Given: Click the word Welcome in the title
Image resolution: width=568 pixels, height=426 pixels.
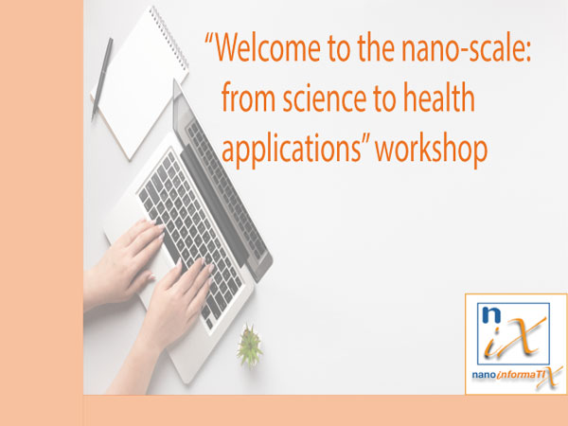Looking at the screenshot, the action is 267,47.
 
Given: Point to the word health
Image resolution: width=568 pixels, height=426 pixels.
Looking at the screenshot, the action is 438,97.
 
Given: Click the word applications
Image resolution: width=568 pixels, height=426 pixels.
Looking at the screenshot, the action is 291,149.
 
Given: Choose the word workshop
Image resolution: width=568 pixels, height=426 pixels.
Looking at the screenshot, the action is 431,149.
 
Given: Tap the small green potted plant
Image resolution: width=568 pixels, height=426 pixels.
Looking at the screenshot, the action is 250,345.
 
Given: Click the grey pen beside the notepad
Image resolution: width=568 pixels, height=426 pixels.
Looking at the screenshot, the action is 102,79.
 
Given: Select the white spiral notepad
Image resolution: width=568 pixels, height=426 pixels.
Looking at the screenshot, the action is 139,82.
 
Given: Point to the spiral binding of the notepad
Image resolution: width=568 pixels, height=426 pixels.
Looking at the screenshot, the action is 169,38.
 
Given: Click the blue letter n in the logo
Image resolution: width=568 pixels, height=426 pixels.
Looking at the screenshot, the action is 491,315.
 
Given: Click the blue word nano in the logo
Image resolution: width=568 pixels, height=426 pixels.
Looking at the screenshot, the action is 483,375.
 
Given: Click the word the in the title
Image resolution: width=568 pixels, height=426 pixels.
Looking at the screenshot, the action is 376,47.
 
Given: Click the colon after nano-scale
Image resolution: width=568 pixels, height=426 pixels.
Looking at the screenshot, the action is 527,52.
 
